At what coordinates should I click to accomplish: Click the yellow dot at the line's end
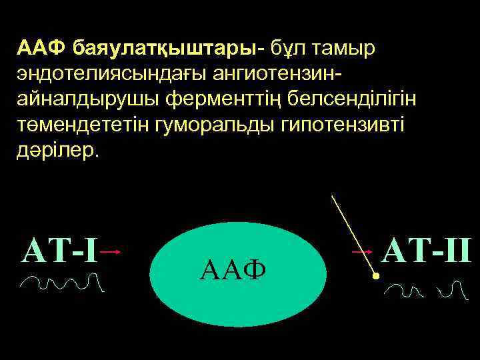[375, 275]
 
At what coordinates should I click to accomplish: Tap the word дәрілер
[55, 151]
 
